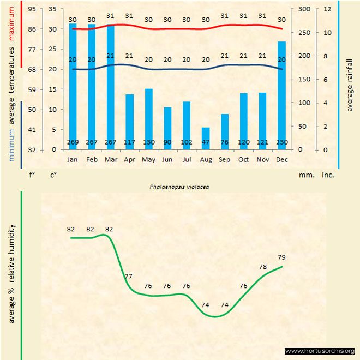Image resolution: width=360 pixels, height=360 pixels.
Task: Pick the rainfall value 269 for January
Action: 73,143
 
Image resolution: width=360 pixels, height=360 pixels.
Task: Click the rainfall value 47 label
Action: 206,143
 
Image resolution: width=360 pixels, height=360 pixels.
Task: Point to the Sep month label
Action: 225,160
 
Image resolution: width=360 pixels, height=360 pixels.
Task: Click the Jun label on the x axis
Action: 167,160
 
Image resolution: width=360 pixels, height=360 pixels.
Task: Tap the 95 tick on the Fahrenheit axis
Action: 33,9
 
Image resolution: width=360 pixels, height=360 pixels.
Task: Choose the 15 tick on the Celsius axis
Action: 52,89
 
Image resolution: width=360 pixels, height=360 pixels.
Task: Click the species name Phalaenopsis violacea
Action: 180,186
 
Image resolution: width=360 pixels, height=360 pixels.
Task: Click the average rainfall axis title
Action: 350,84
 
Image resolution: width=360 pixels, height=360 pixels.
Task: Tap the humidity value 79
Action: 281,257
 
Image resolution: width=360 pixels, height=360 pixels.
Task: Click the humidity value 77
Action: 128,277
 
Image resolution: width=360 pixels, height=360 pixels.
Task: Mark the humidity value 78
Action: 262,267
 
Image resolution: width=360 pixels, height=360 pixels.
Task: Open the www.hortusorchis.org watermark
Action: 320,351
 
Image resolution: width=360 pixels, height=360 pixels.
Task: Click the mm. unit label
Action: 305,176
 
